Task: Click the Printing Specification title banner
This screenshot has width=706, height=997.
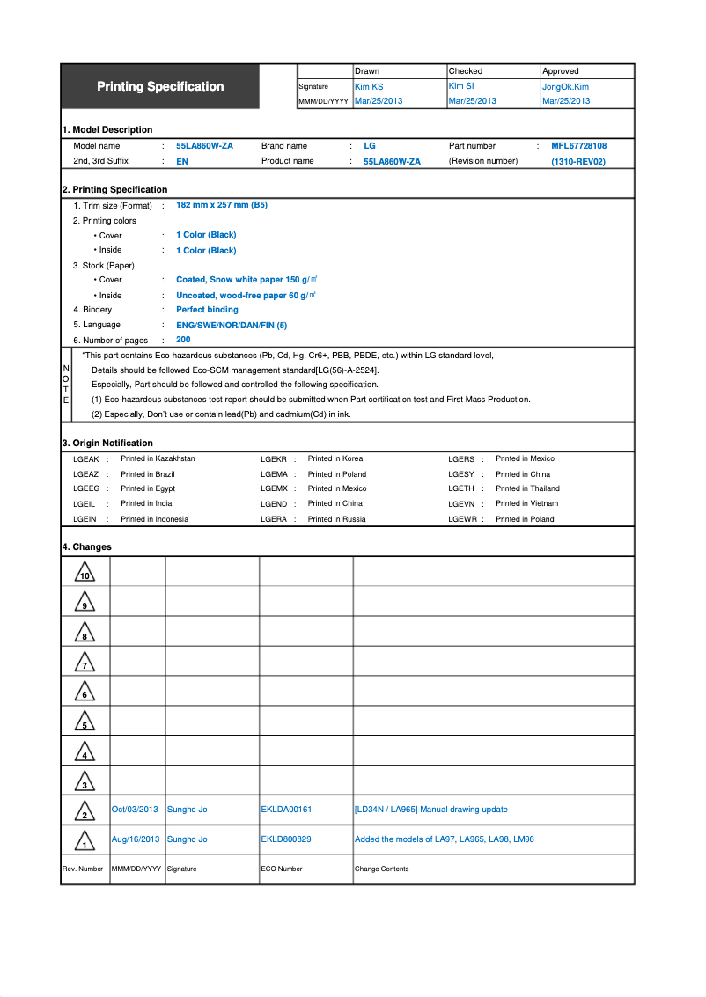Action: pos(160,86)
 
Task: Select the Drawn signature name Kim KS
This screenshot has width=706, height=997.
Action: pos(369,87)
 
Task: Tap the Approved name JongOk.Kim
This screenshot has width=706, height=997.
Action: pos(565,87)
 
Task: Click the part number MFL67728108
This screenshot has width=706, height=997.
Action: pos(578,146)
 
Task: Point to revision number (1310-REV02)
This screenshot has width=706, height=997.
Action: pos(578,162)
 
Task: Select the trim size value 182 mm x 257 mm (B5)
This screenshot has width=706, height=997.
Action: pos(222,205)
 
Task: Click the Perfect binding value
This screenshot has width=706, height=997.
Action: pos(207,310)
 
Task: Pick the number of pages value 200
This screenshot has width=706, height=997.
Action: pos(183,340)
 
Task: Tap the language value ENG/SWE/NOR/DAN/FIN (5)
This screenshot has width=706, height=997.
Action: pos(232,325)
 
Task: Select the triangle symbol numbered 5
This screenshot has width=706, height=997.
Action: pos(85,722)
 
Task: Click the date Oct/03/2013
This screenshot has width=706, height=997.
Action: pos(135,810)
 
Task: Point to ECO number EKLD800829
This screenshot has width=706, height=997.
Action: pos(286,839)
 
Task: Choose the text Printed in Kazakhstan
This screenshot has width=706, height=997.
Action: pos(158,458)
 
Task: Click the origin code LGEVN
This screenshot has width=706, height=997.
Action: pos(461,504)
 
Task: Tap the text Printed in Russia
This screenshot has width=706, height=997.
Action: pos(336,519)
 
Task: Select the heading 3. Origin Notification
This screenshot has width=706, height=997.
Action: pos(107,443)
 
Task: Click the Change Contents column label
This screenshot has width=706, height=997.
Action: pos(381,869)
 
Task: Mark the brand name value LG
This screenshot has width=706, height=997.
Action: pos(370,146)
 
